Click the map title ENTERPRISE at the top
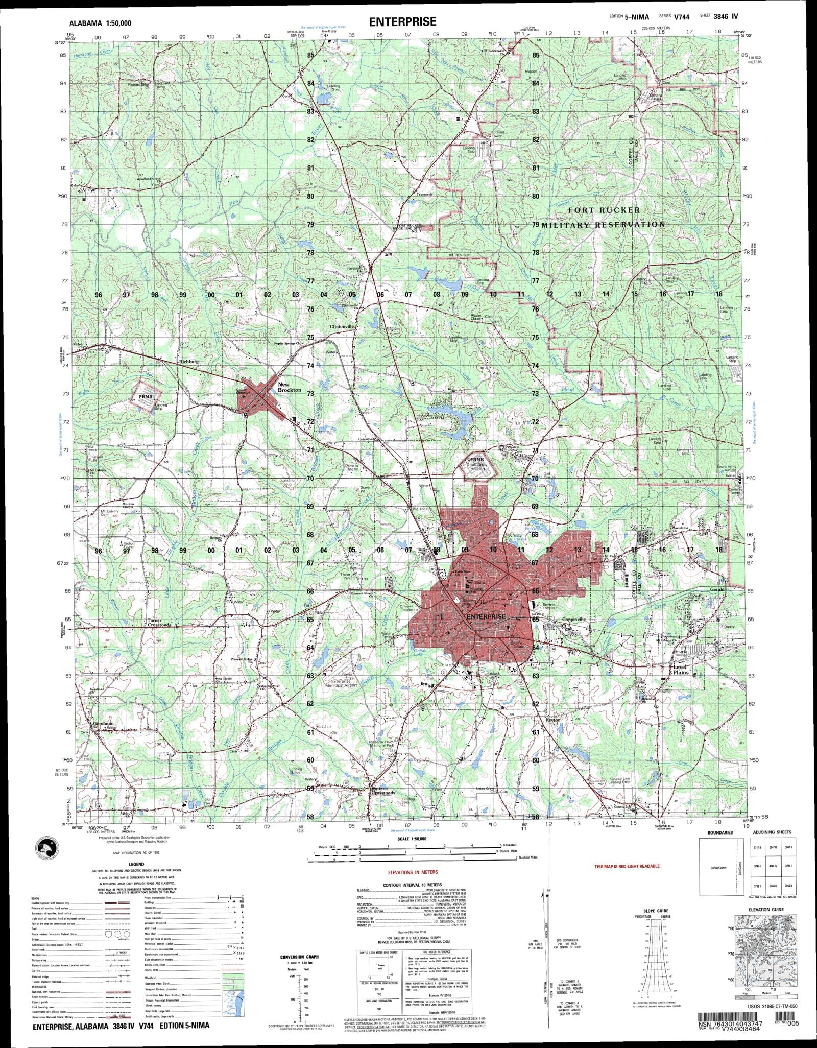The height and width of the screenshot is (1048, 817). pos(403,21)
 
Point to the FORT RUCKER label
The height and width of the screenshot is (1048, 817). pos(604,210)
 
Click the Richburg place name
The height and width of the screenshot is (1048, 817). pos(188,362)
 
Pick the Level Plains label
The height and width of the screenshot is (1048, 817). pos(681,670)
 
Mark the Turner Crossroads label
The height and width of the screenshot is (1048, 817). pos(159,623)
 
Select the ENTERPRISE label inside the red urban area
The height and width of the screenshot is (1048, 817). pos(486,616)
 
